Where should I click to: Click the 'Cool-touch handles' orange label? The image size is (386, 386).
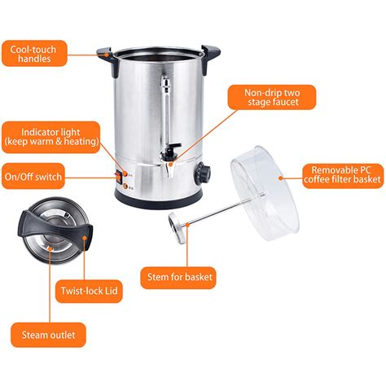(x=34, y=54)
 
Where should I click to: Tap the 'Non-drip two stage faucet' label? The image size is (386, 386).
(x=272, y=97)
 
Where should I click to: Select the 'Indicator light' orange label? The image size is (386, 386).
(x=51, y=137)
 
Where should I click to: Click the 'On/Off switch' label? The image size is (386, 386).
(x=33, y=177)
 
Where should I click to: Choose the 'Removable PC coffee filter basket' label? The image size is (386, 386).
(x=343, y=176)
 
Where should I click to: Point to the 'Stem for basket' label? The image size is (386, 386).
(x=178, y=278)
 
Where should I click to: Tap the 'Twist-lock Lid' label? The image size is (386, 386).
(x=89, y=291)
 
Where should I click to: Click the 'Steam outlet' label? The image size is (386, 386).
(x=48, y=335)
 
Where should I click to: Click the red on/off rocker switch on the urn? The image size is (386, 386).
(x=119, y=177)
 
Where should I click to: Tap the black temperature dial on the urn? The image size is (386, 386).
(x=202, y=173)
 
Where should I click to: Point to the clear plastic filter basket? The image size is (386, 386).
(x=265, y=194)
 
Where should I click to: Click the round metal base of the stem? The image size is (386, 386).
(x=178, y=228)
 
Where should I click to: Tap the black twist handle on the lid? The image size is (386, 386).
(x=55, y=229)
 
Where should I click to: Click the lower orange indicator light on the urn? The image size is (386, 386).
(x=125, y=186)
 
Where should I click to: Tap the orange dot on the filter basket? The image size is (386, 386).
(x=281, y=178)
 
